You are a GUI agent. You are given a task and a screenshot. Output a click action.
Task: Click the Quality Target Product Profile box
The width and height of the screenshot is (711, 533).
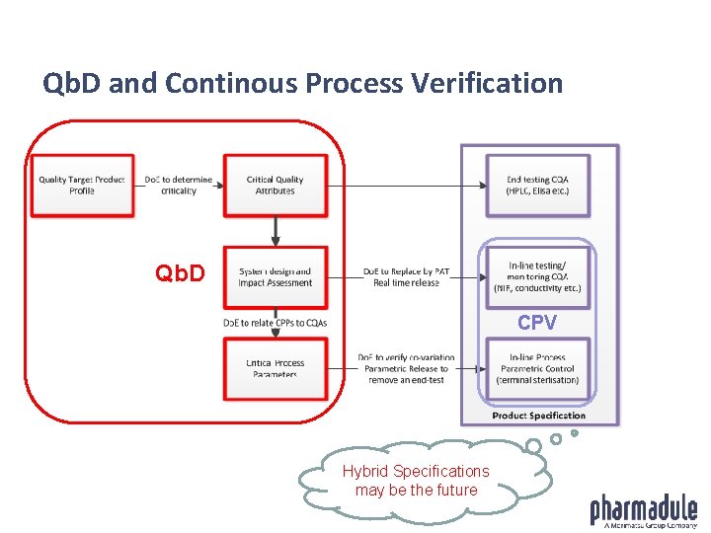(x=82, y=185)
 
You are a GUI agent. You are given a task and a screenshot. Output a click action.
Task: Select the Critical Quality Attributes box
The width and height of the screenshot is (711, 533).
(x=275, y=185)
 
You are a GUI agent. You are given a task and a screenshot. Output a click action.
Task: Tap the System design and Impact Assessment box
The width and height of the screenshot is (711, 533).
(x=275, y=277)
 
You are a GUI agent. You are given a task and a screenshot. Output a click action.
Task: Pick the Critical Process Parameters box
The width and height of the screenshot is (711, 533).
(x=275, y=368)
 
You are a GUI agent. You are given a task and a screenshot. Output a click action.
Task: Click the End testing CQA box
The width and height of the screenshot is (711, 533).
(x=537, y=185)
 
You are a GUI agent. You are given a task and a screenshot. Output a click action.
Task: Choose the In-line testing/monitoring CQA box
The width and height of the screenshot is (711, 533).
(x=537, y=277)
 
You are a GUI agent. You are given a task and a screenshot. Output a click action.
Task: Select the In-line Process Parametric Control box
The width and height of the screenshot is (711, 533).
(x=537, y=368)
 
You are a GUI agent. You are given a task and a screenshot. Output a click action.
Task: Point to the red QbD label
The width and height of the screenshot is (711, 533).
(x=181, y=273)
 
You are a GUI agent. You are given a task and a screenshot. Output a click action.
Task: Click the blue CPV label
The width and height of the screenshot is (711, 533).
(x=537, y=323)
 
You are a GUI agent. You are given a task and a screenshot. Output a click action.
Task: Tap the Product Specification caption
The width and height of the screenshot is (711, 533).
(x=538, y=416)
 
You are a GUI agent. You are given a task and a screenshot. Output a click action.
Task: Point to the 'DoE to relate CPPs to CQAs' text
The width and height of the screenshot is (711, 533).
(x=276, y=323)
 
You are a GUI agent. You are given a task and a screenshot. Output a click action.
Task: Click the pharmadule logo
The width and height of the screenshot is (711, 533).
(x=644, y=511)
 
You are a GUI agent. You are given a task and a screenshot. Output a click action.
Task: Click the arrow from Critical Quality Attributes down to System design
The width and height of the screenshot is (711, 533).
(x=276, y=231)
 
